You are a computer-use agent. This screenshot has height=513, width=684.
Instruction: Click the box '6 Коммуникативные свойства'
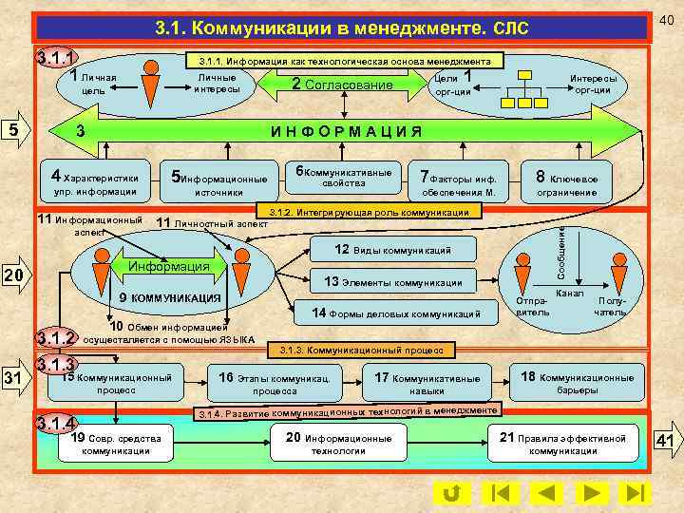[x=343, y=178]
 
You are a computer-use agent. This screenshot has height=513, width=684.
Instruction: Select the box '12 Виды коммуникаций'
[x=392, y=250]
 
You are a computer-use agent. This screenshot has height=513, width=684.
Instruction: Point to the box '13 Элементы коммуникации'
[x=392, y=282]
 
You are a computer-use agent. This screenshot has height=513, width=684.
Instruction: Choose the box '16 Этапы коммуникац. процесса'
[x=275, y=384]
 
